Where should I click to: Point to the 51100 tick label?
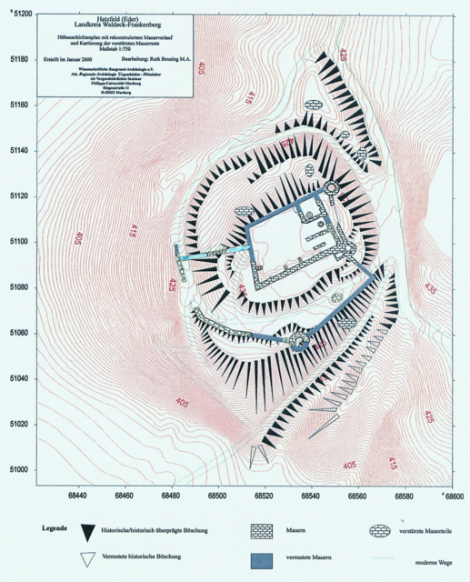18,242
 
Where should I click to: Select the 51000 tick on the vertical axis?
18,469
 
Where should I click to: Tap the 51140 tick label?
18,151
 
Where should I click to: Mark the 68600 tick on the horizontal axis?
452,497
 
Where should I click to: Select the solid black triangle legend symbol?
88,531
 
